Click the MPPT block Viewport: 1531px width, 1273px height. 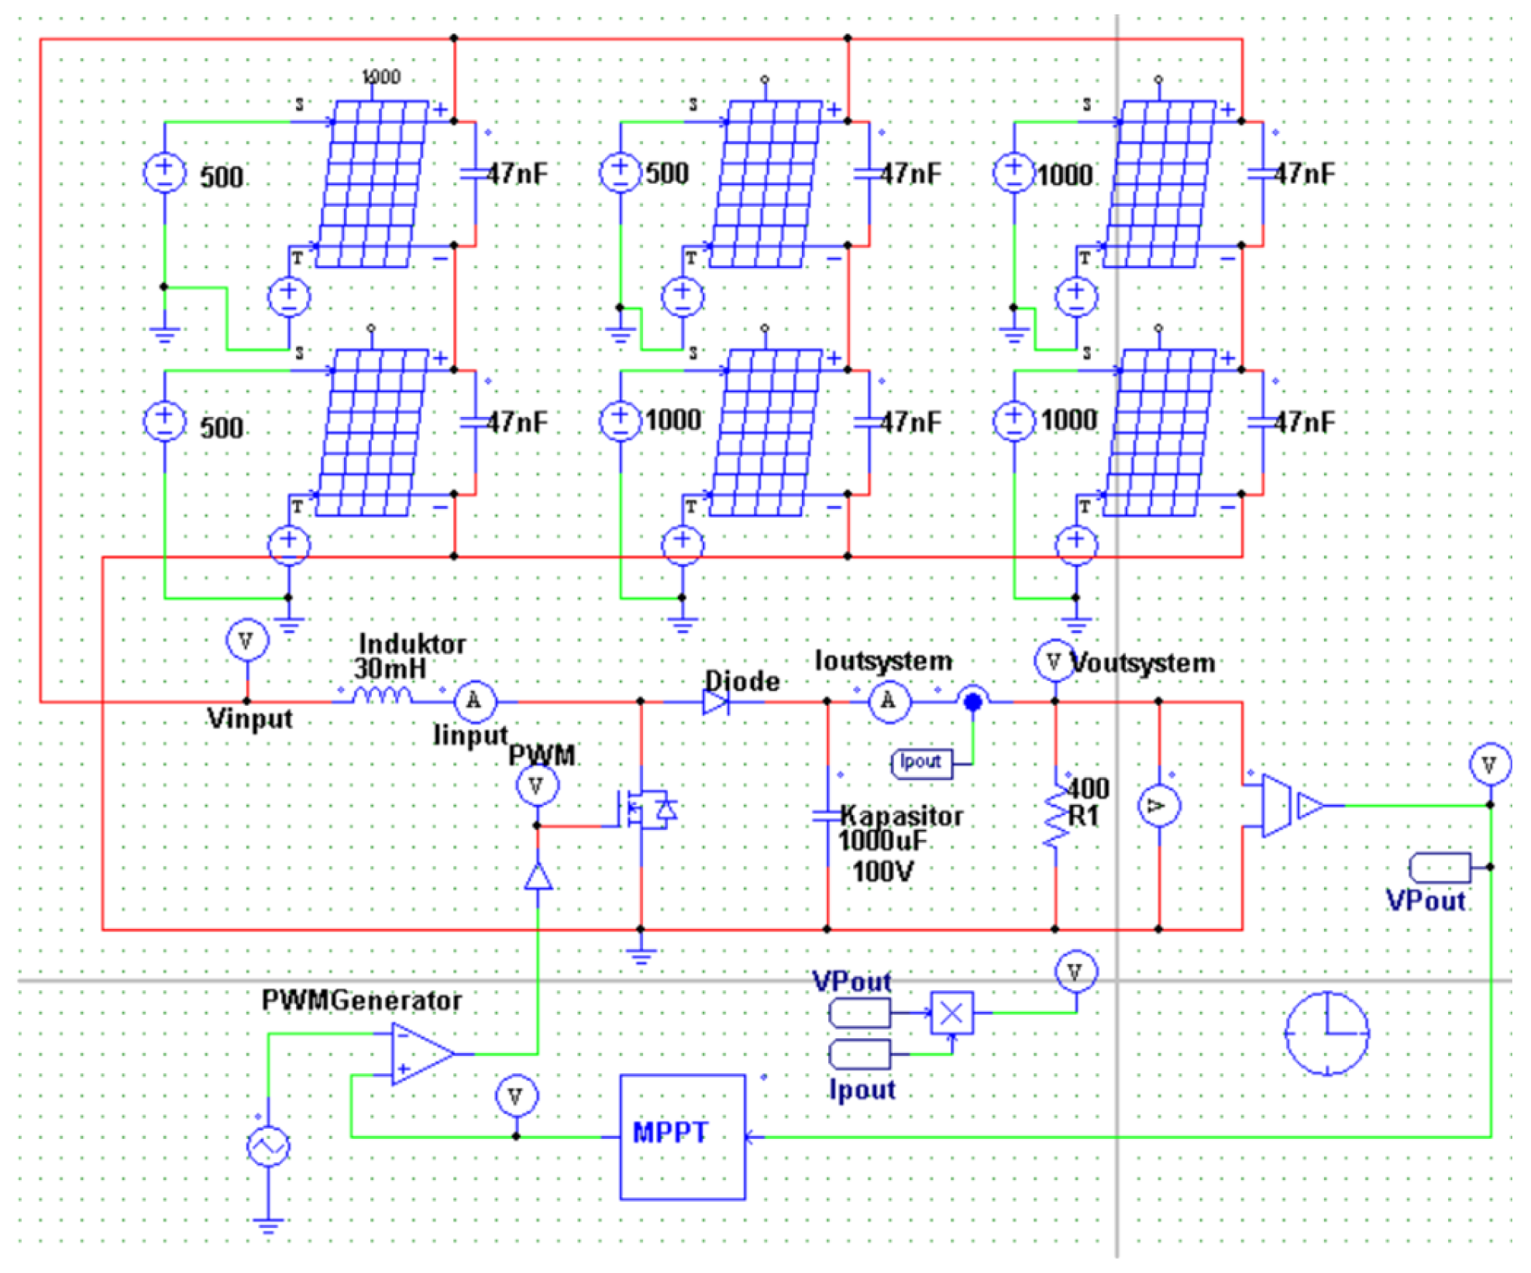(682, 1136)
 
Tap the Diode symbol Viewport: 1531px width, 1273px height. (714, 702)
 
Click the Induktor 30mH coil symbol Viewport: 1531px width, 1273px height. (382, 696)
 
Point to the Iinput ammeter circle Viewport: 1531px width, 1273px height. (474, 700)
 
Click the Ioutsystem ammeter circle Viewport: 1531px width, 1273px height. (889, 701)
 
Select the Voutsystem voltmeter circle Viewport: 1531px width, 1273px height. (1054, 661)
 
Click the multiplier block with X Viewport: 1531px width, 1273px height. (951, 1013)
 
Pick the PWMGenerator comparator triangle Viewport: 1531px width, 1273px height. (418, 1053)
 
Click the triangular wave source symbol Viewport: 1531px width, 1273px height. (268, 1146)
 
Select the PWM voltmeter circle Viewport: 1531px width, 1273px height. (537, 786)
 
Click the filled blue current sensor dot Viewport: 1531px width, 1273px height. (972, 701)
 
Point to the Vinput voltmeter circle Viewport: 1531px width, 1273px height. (246, 641)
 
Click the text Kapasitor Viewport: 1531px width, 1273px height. (900, 815)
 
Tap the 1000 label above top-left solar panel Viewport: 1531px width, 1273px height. (381, 77)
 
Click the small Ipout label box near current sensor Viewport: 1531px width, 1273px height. (921, 762)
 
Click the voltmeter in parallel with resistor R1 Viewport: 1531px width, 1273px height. (1158, 806)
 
